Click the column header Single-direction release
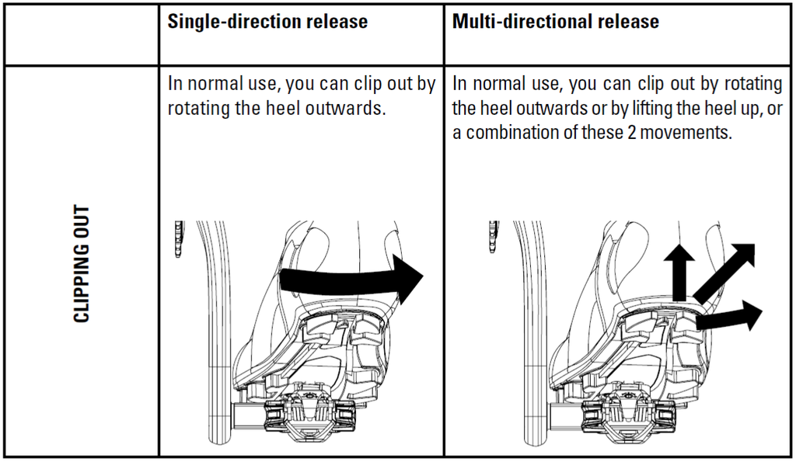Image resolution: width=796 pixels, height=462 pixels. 267,22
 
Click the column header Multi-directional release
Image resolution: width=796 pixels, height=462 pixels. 556,22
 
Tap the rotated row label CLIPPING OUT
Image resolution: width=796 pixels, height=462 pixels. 81,264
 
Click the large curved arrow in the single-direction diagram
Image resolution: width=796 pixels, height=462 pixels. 350,280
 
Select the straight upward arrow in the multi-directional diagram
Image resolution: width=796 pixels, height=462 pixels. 681,269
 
